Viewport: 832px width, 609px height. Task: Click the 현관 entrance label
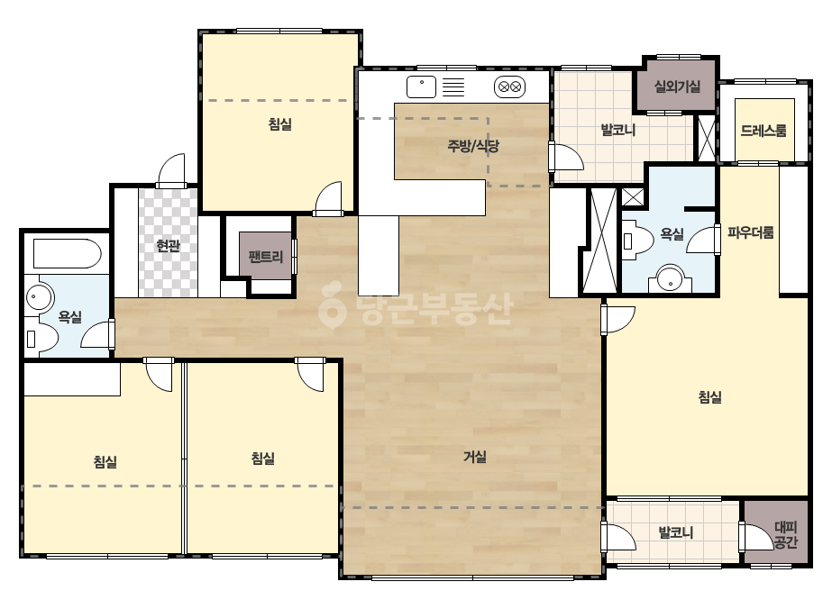click(x=169, y=246)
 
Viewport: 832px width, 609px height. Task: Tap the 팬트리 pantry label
click(x=266, y=257)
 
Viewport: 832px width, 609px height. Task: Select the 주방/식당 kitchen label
click(x=473, y=145)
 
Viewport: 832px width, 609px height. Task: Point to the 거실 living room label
click(x=475, y=456)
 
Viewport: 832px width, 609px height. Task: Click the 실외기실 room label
click(x=677, y=86)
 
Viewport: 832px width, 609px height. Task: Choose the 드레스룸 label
click(x=764, y=131)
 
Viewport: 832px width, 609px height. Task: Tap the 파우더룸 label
click(x=750, y=232)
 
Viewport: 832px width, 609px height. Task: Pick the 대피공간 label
click(x=786, y=535)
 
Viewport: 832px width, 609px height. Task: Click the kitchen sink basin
click(x=421, y=87)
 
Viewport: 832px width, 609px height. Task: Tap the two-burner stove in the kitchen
click(x=510, y=87)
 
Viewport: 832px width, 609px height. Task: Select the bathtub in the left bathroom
click(x=67, y=253)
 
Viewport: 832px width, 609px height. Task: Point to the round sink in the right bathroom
click(x=670, y=278)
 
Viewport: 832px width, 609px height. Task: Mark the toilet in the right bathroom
click(x=638, y=242)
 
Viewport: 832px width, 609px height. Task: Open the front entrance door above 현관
click(x=171, y=169)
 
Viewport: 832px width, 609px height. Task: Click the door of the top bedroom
click(x=328, y=198)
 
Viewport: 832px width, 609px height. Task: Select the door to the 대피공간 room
click(x=755, y=536)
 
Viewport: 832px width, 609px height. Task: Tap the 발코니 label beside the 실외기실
click(x=618, y=129)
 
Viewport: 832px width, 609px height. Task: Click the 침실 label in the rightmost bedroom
click(x=710, y=396)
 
